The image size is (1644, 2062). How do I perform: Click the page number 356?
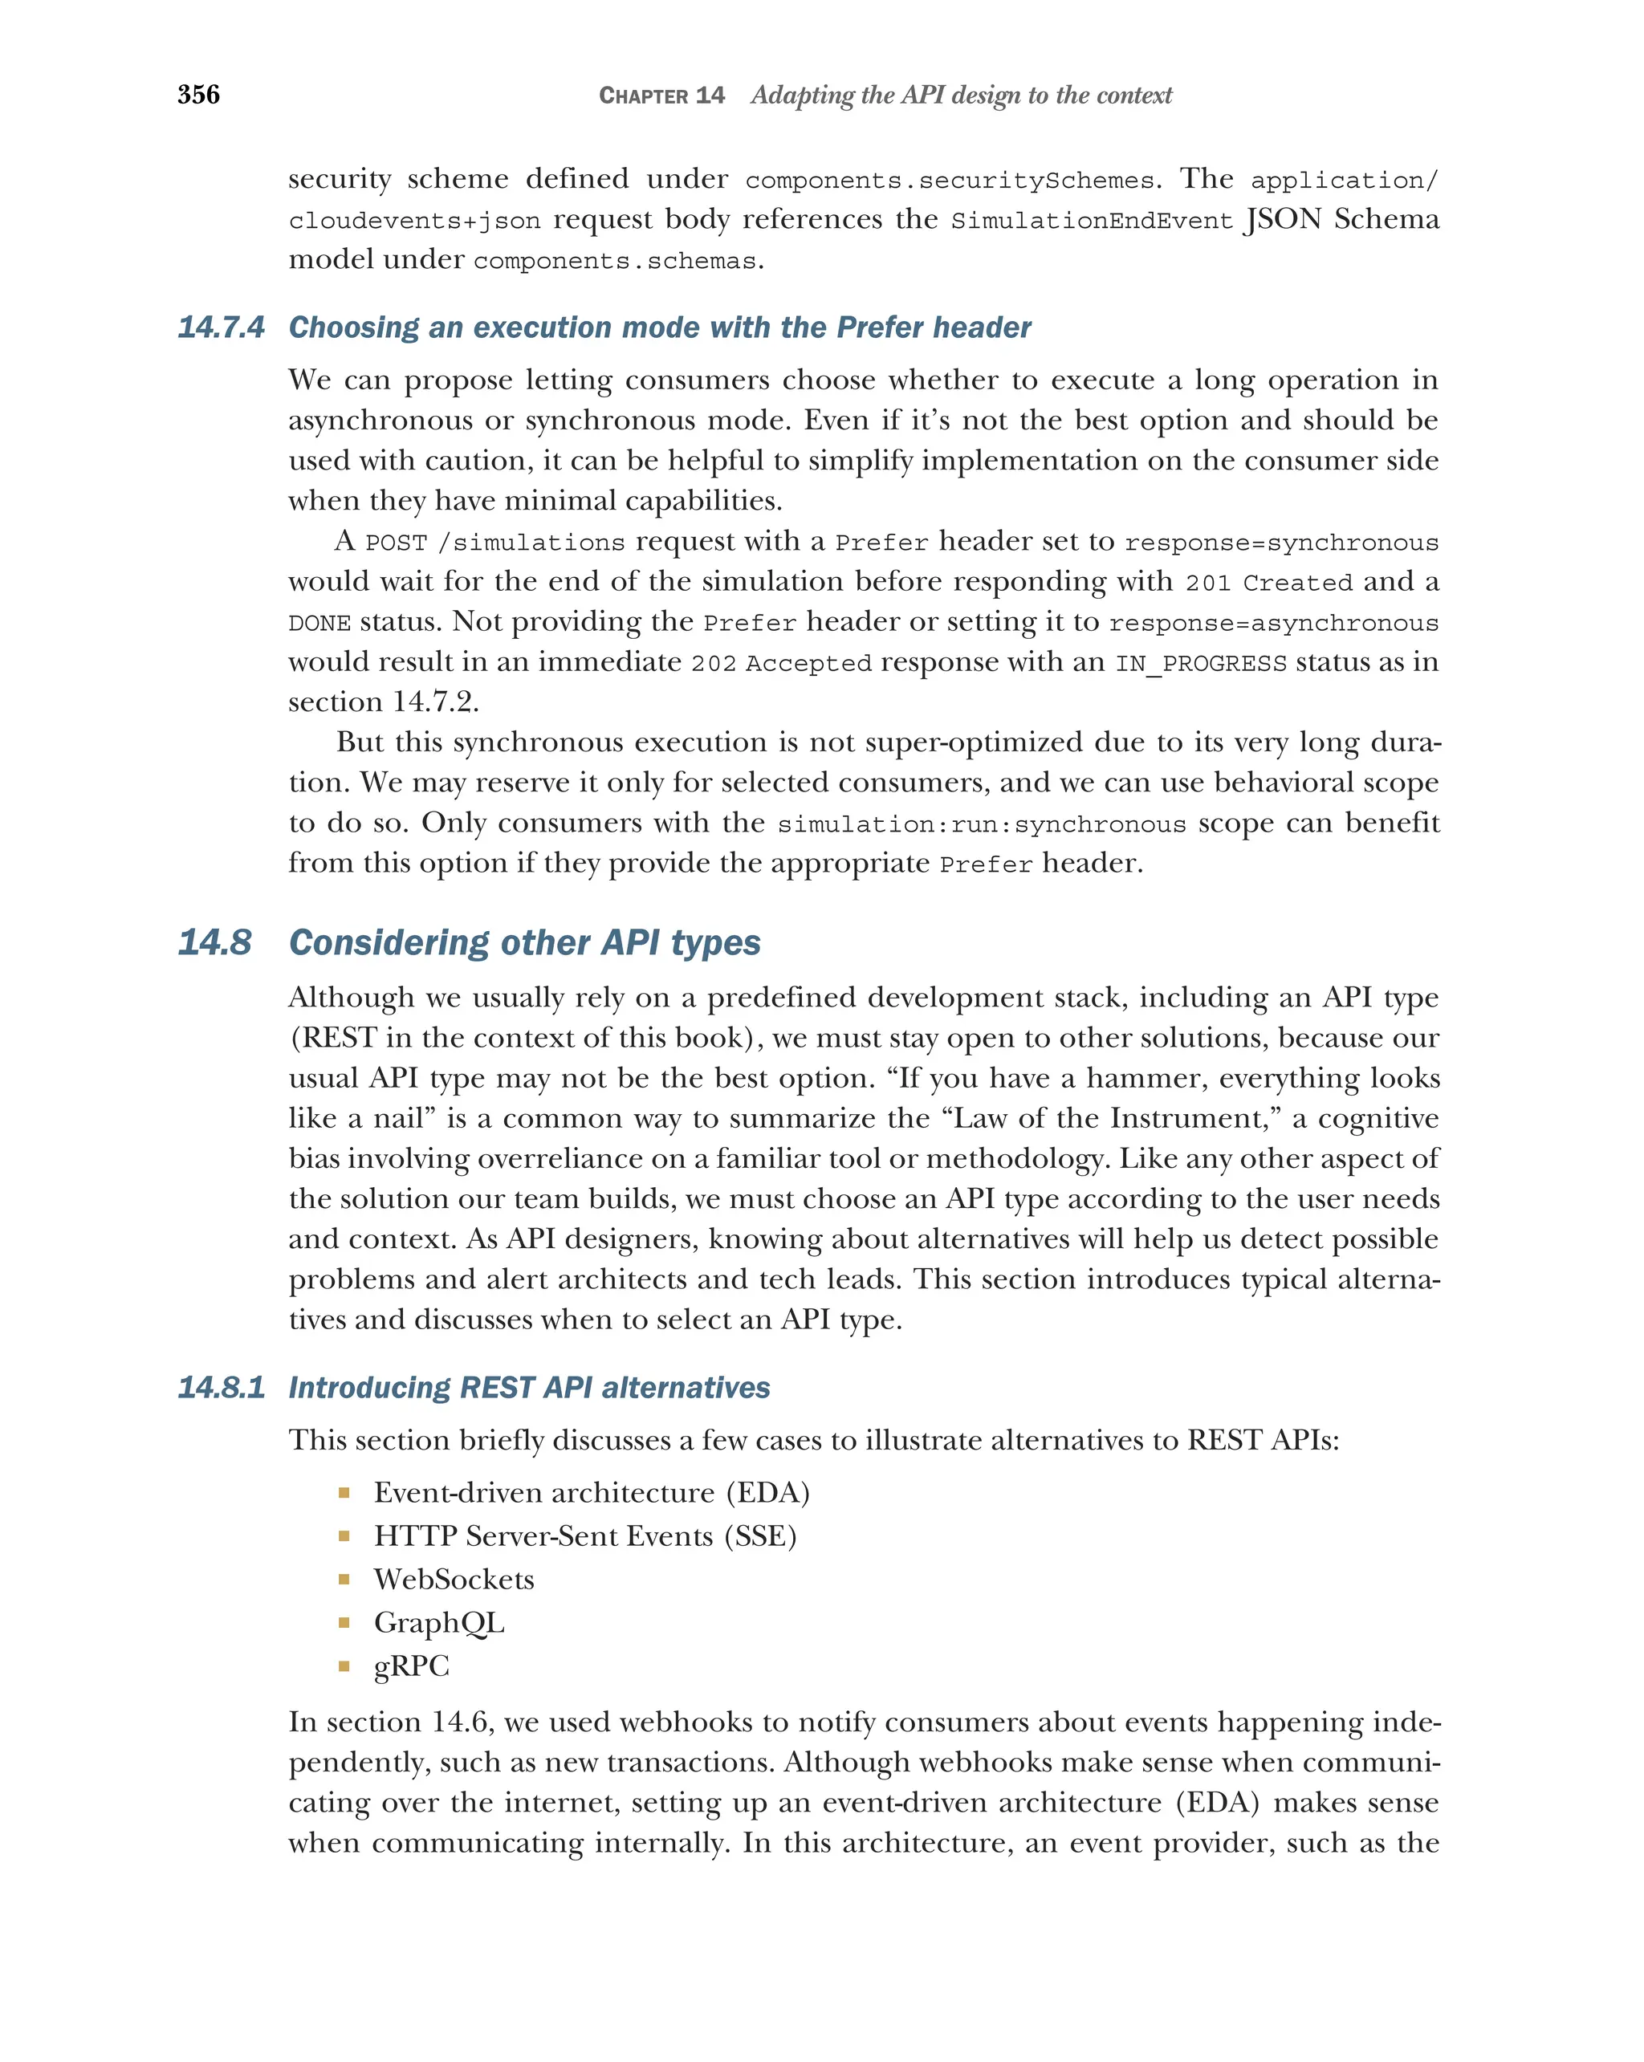pos(198,95)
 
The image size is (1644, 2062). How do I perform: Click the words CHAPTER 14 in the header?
pos(661,96)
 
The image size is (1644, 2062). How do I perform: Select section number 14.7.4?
pos(221,327)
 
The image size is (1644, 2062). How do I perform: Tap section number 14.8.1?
pos(221,1388)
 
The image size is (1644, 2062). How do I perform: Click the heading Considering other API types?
pos(524,942)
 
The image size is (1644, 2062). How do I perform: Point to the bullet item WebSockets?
pos(454,1579)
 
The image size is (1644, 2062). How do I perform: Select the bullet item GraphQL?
pos(438,1622)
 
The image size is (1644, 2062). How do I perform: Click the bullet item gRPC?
pos(411,1665)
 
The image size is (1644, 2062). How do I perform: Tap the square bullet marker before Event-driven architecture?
pos(344,1493)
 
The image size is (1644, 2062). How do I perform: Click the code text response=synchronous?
pos(1280,543)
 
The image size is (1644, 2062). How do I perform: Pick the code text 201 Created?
pos(1268,584)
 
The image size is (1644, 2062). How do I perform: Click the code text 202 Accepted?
pos(780,664)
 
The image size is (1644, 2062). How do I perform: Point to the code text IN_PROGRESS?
pos(1200,664)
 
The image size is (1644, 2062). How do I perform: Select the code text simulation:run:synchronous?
pos(981,824)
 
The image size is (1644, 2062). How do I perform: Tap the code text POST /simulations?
pos(494,543)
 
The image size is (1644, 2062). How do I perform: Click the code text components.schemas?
pos(615,261)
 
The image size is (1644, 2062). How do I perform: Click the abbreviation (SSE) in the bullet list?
pos(760,1536)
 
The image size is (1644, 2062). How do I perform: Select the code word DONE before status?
pos(319,624)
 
